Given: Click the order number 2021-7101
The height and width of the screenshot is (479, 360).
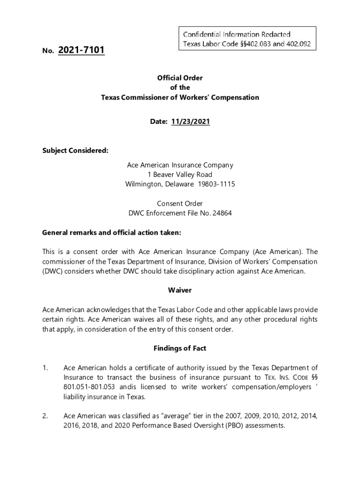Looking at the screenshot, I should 81,50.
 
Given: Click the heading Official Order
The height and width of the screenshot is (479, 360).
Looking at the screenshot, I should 180,78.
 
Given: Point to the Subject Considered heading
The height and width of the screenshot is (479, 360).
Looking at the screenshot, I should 75,151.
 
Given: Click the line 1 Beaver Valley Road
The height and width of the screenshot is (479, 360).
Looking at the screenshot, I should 180,174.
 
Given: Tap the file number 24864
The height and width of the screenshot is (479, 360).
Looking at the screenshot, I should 222,213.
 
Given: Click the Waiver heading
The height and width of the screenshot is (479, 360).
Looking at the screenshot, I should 180,290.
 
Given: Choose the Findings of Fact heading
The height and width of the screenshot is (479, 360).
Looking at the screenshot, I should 180,348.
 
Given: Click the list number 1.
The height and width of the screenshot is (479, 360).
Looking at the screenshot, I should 45,368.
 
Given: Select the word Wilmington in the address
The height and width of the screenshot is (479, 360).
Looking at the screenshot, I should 142,184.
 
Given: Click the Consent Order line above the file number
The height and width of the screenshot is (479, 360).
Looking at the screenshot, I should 180,203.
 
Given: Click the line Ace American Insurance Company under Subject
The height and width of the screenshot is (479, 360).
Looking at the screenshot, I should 180,165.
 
